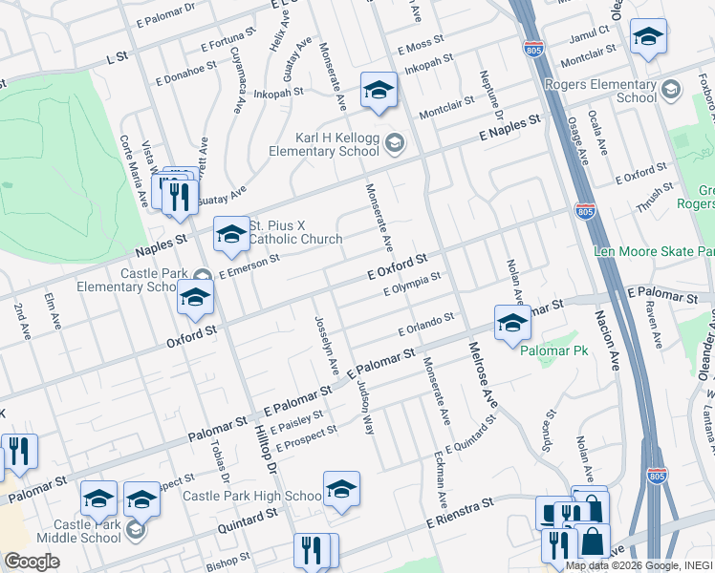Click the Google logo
coord(32,562)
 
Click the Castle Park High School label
coord(252,496)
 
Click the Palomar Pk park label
coord(550,351)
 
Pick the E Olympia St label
coord(411,284)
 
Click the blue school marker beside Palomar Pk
coord(512,325)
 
